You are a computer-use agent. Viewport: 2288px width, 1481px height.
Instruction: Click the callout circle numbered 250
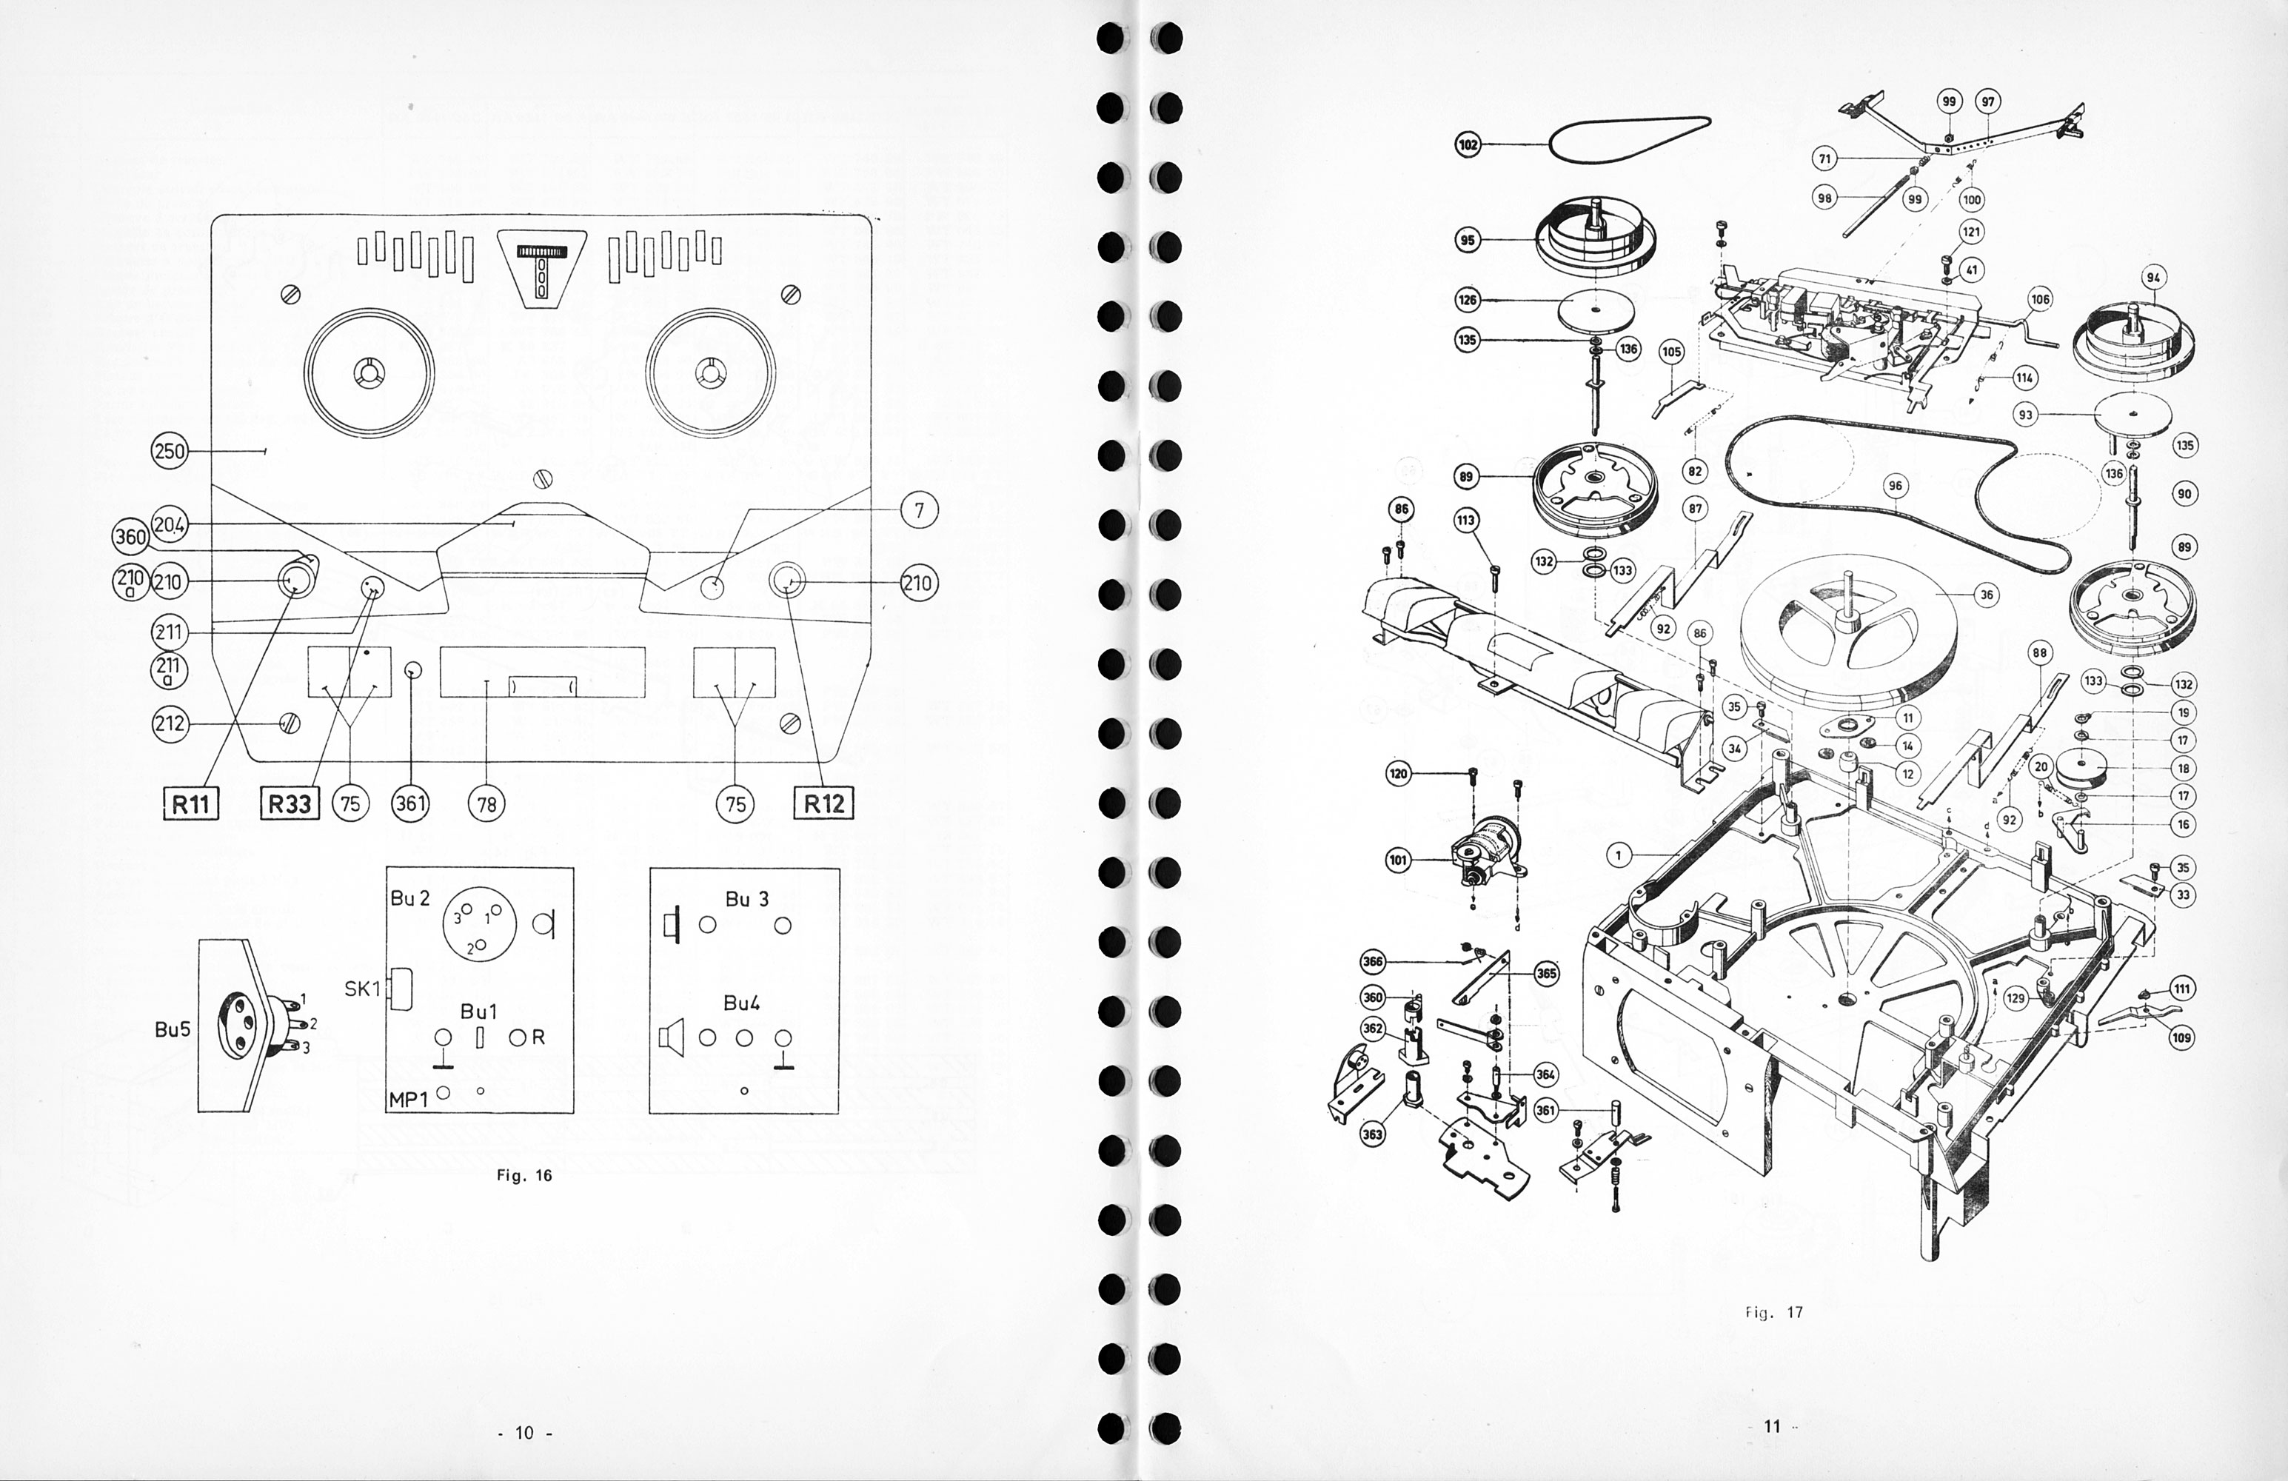pos(170,451)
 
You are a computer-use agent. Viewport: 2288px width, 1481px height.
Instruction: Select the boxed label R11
pos(190,803)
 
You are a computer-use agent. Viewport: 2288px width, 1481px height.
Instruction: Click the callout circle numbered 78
pos(486,803)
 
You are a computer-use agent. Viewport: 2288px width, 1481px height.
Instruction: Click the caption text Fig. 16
pos(524,1175)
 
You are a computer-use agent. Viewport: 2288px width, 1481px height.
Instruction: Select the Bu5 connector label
pos(173,1029)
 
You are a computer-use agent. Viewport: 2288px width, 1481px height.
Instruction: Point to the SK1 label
pos(362,989)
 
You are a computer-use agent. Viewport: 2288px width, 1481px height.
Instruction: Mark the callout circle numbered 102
pos(1468,145)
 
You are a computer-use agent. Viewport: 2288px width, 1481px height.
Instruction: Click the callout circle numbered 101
pos(1399,860)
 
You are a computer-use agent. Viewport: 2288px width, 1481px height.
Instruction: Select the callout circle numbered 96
pos(1895,487)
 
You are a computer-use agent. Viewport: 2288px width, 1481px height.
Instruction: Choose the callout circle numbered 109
pos(2182,1037)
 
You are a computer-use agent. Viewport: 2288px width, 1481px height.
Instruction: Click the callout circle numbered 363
pos(1373,1134)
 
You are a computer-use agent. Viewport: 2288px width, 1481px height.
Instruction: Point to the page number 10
pos(524,1433)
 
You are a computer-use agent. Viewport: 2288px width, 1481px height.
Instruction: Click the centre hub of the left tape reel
pos(369,372)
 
